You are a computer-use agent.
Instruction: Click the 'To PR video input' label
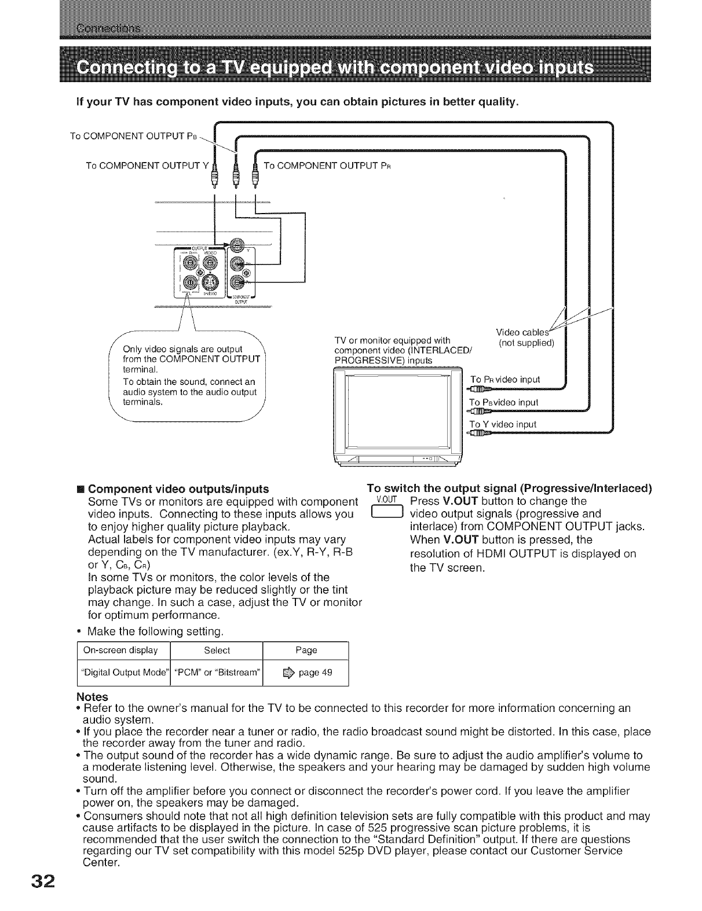[x=505, y=380]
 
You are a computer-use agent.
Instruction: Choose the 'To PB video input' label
[x=504, y=402]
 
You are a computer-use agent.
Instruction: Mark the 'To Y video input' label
[x=503, y=424]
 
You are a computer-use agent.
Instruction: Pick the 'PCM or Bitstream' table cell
[x=217, y=673]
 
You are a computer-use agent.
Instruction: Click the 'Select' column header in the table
[x=217, y=650]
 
